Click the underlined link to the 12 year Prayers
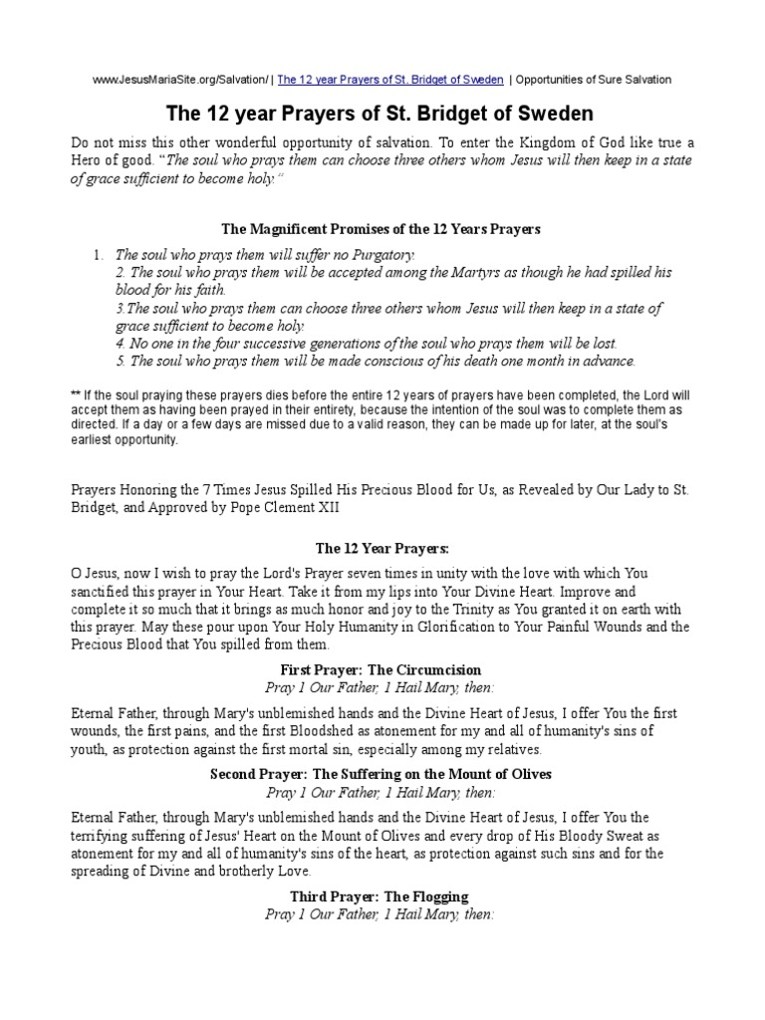coord(390,80)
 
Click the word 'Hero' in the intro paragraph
coord(89,161)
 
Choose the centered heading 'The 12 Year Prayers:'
coord(382,548)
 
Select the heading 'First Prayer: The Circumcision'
coord(382,670)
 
